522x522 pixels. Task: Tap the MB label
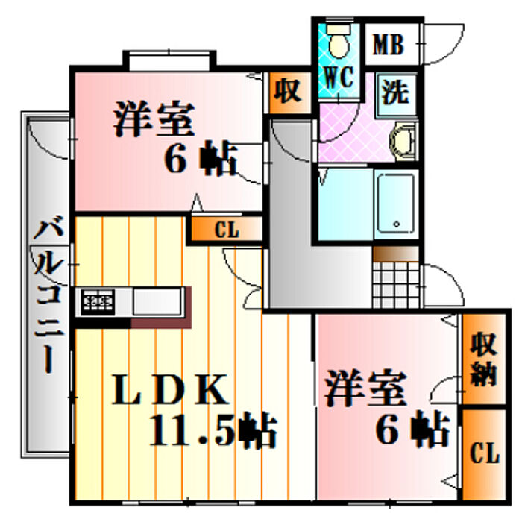pyautogui.click(x=389, y=45)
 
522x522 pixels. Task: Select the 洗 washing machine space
pyautogui.click(x=396, y=95)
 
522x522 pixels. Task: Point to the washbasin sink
pyautogui.click(x=403, y=141)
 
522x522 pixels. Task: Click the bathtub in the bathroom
pyautogui.click(x=396, y=204)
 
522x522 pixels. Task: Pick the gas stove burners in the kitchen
pyautogui.click(x=98, y=301)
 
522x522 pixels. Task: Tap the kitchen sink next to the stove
pyautogui.click(x=157, y=301)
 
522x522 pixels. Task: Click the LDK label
pyautogui.click(x=171, y=389)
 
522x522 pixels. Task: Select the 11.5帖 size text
pyautogui.click(x=213, y=430)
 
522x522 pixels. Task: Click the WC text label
pyautogui.click(x=339, y=78)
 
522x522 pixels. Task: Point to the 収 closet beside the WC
pyautogui.click(x=289, y=92)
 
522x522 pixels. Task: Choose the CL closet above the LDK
pyautogui.click(x=227, y=230)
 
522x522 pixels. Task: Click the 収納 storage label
pyautogui.click(x=484, y=359)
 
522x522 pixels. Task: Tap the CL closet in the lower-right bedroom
pyautogui.click(x=485, y=454)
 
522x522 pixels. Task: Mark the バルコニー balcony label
pyautogui.click(x=49, y=294)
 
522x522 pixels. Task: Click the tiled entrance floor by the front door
pyautogui.click(x=396, y=285)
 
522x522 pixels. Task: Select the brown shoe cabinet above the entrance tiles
pyautogui.click(x=396, y=254)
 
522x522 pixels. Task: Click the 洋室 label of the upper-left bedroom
pyautogui.click(x=154, y=119)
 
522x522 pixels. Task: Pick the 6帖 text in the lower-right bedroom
pyautogui.click(x=413, y=430)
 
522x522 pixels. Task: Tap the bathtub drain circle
pyautogui.click(x=396, y=224)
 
